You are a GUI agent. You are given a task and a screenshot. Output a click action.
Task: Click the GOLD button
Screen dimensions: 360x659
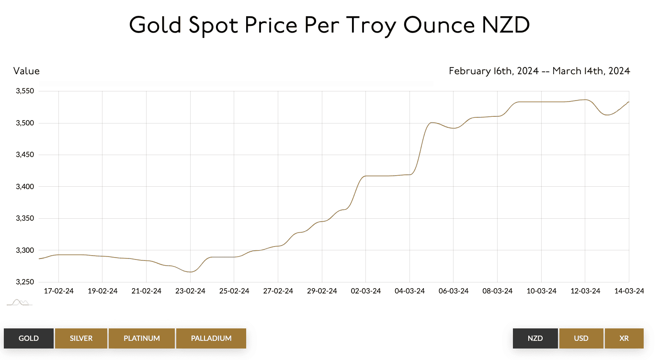point(29,338)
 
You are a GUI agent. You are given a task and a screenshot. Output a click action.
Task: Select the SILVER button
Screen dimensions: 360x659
point(81,338)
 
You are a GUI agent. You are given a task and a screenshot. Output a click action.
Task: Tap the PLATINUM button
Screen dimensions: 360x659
point(142,338)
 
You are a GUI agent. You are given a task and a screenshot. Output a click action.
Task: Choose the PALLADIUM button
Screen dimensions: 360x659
point(211,338)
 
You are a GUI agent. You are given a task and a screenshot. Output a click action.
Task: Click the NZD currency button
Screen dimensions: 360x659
point(535,338)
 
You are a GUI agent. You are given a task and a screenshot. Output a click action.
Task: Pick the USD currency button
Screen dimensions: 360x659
point(581,338)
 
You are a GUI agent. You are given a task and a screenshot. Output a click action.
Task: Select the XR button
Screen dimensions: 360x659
point(624,338)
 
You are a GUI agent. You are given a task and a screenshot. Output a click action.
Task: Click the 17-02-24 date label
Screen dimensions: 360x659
point(58,291)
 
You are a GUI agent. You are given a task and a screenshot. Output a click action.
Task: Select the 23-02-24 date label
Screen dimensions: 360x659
point(190,291)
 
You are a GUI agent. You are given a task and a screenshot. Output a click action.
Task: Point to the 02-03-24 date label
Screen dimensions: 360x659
point(366,291)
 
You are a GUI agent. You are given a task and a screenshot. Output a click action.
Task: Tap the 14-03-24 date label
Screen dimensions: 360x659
point(629,291)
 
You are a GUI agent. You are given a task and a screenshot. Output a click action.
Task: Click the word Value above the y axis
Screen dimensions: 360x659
point(26,71)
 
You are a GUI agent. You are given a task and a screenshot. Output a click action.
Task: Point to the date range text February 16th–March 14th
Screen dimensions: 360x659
point(539,71)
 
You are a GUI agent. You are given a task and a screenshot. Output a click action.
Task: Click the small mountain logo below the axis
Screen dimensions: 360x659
point(19,302)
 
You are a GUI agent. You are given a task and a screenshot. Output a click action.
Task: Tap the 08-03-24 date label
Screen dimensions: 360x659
point(498,291)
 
